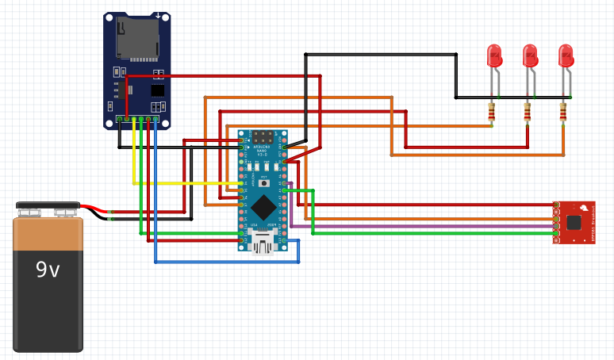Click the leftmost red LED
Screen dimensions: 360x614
click(494, 56)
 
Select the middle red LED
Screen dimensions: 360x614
click(530, 56)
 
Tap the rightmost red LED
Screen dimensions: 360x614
click(566, 56)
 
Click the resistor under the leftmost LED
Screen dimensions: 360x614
click(492, 113)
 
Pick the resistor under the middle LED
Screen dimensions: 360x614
click(528, 113)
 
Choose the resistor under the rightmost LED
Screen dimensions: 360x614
click(563, 113)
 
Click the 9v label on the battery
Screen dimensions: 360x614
click(48, 270)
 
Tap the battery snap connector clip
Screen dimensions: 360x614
click(48, 208)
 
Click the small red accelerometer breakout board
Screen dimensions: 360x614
click(574, 221)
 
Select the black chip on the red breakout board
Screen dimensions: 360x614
click(574, 223)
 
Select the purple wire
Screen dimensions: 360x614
click(420, 226)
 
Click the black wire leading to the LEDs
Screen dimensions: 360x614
click(381, 54)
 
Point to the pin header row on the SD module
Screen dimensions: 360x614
click(138, 119)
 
